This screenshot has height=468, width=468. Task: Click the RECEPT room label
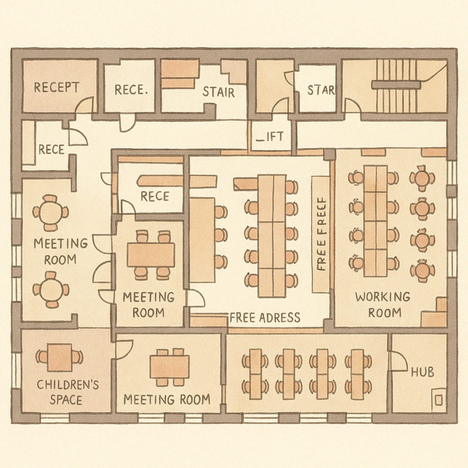pyautogui.click(x=56, y=87)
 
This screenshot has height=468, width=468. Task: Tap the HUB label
pyautogui.click(x=422, y=372)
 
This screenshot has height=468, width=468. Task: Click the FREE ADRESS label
pyautogui.click(x=265, y=317)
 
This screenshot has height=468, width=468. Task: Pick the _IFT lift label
pyautogui.click(x=270, y=136)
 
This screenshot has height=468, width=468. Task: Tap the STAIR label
pyautogui.click(x=218, y=92)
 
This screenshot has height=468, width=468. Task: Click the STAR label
pyautogui.click(x=320, y=90)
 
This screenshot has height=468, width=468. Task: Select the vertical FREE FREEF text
pyautogui.click(x=322, y=234)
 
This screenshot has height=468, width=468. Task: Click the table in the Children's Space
pyautogui.click(x=59, y=357)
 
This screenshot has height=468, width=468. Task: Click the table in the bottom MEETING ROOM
pyautogui.click(x=170, y=367)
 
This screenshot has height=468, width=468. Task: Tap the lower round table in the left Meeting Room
pyautogui.click(x=51, y=289)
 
